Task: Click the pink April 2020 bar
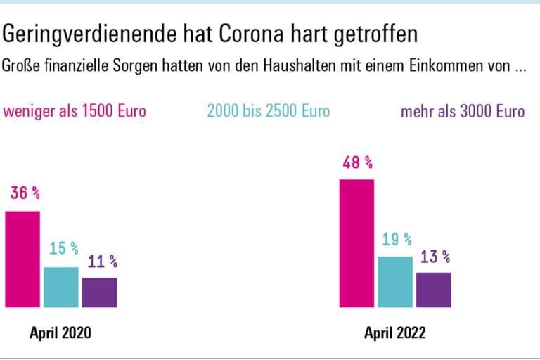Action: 22,259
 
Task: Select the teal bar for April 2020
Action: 61,287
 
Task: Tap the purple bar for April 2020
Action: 99,292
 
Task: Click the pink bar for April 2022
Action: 356,243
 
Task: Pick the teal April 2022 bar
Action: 395,282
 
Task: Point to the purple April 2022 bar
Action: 433,290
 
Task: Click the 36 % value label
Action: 25,194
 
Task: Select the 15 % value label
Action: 63,249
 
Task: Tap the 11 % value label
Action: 102,262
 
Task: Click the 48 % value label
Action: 357,163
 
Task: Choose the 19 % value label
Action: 397,240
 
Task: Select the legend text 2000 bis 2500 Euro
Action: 269,112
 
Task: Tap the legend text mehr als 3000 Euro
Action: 462,112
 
